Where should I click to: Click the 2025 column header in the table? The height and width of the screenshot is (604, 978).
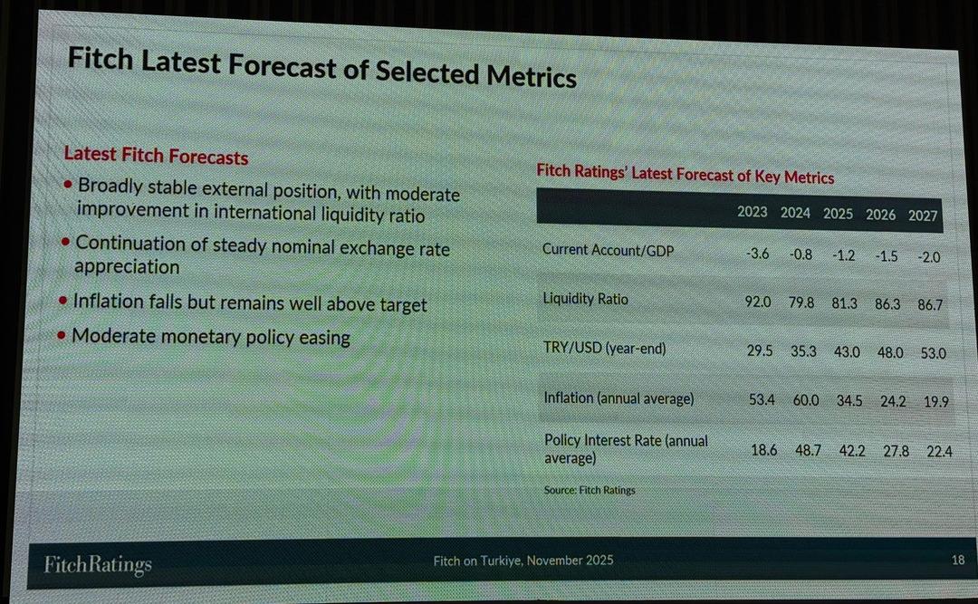[x=838, y=215]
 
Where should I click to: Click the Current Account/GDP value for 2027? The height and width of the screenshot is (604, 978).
[x=928, y=257]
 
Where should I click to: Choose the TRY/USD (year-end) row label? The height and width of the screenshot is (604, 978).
[x=604, y=347]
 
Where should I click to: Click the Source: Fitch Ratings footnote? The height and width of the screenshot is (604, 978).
[x=590, y=490]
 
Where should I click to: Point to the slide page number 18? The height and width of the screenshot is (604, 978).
[x=958, y=561]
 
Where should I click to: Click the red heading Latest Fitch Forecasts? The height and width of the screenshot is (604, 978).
[x=156, y=156]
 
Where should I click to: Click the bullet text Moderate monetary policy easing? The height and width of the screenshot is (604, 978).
[x=210, y=337]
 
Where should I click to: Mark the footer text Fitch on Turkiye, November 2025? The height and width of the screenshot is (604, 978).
[x=523, y=561]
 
